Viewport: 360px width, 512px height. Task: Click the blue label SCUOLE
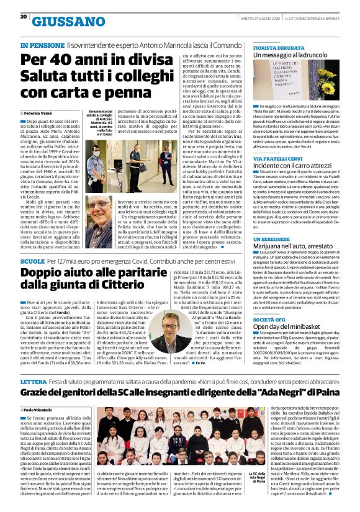[32, 262]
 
